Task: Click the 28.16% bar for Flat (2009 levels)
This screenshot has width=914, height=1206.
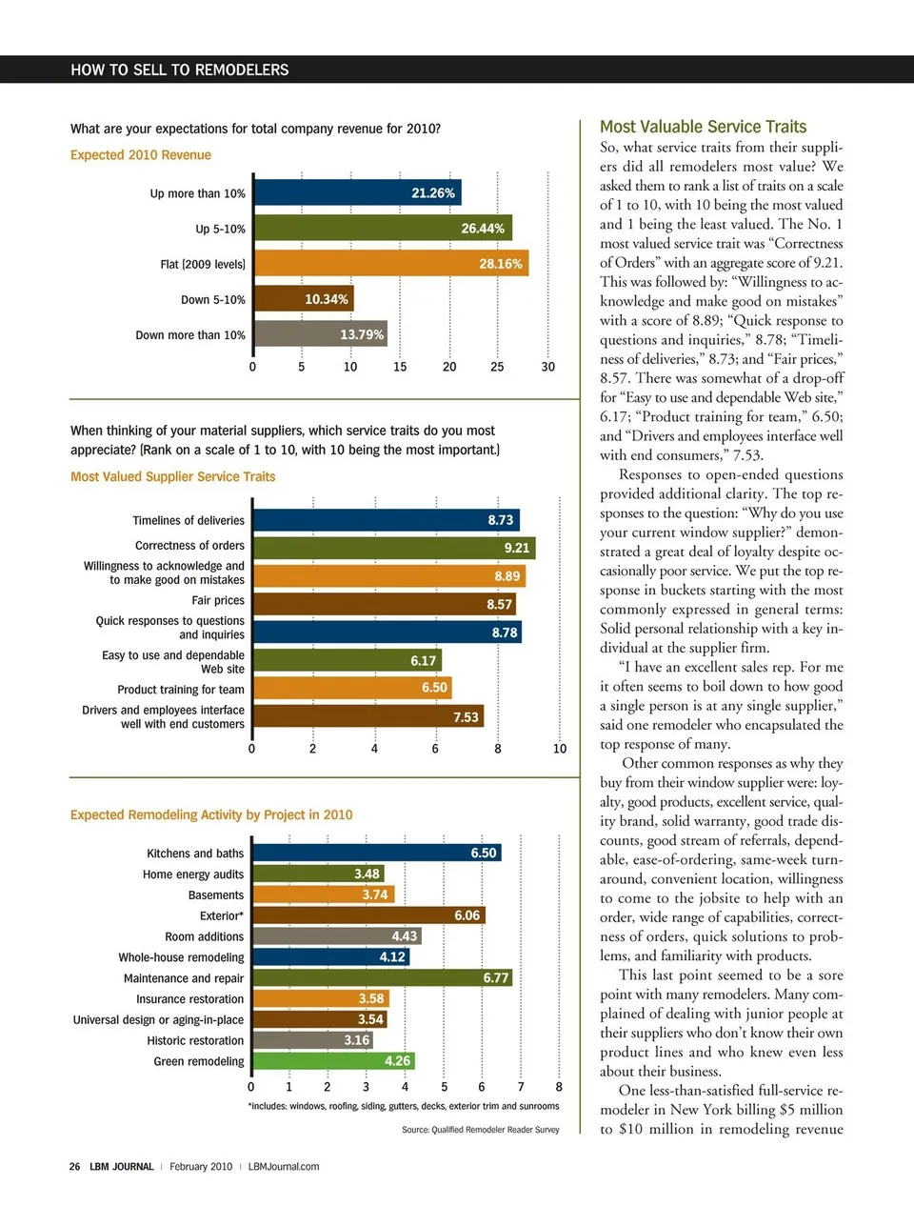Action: pos(390,264)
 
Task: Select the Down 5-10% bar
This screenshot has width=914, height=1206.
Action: pos(303,299)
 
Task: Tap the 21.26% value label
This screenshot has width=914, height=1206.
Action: pos(433,193)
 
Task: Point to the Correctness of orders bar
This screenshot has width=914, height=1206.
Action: pos(393,548)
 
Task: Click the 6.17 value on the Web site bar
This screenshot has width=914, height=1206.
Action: pos(423,660)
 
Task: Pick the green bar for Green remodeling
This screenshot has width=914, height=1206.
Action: pos(333,1060)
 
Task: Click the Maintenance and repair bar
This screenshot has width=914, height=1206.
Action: pos(382,977)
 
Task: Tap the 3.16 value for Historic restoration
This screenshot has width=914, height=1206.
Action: pos(356,1040)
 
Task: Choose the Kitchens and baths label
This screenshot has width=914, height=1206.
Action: pos(195,854)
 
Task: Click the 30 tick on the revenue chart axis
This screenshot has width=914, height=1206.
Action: pos(547,367)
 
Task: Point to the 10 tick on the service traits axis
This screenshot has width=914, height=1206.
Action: pos(560,749)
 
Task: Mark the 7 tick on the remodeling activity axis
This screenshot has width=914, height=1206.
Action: pos(521,1087)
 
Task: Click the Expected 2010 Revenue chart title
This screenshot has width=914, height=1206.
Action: pos(141,155)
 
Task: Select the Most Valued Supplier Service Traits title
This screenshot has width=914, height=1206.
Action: pos(172,476)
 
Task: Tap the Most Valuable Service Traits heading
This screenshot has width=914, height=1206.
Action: pos(703,127)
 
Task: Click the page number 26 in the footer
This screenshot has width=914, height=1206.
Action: pos(74,1166)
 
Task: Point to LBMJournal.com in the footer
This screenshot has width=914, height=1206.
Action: pos(284,1166)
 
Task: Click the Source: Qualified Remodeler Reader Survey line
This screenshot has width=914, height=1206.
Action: pos(481,1130)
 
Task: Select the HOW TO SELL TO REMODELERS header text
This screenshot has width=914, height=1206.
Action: pos(180,70)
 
